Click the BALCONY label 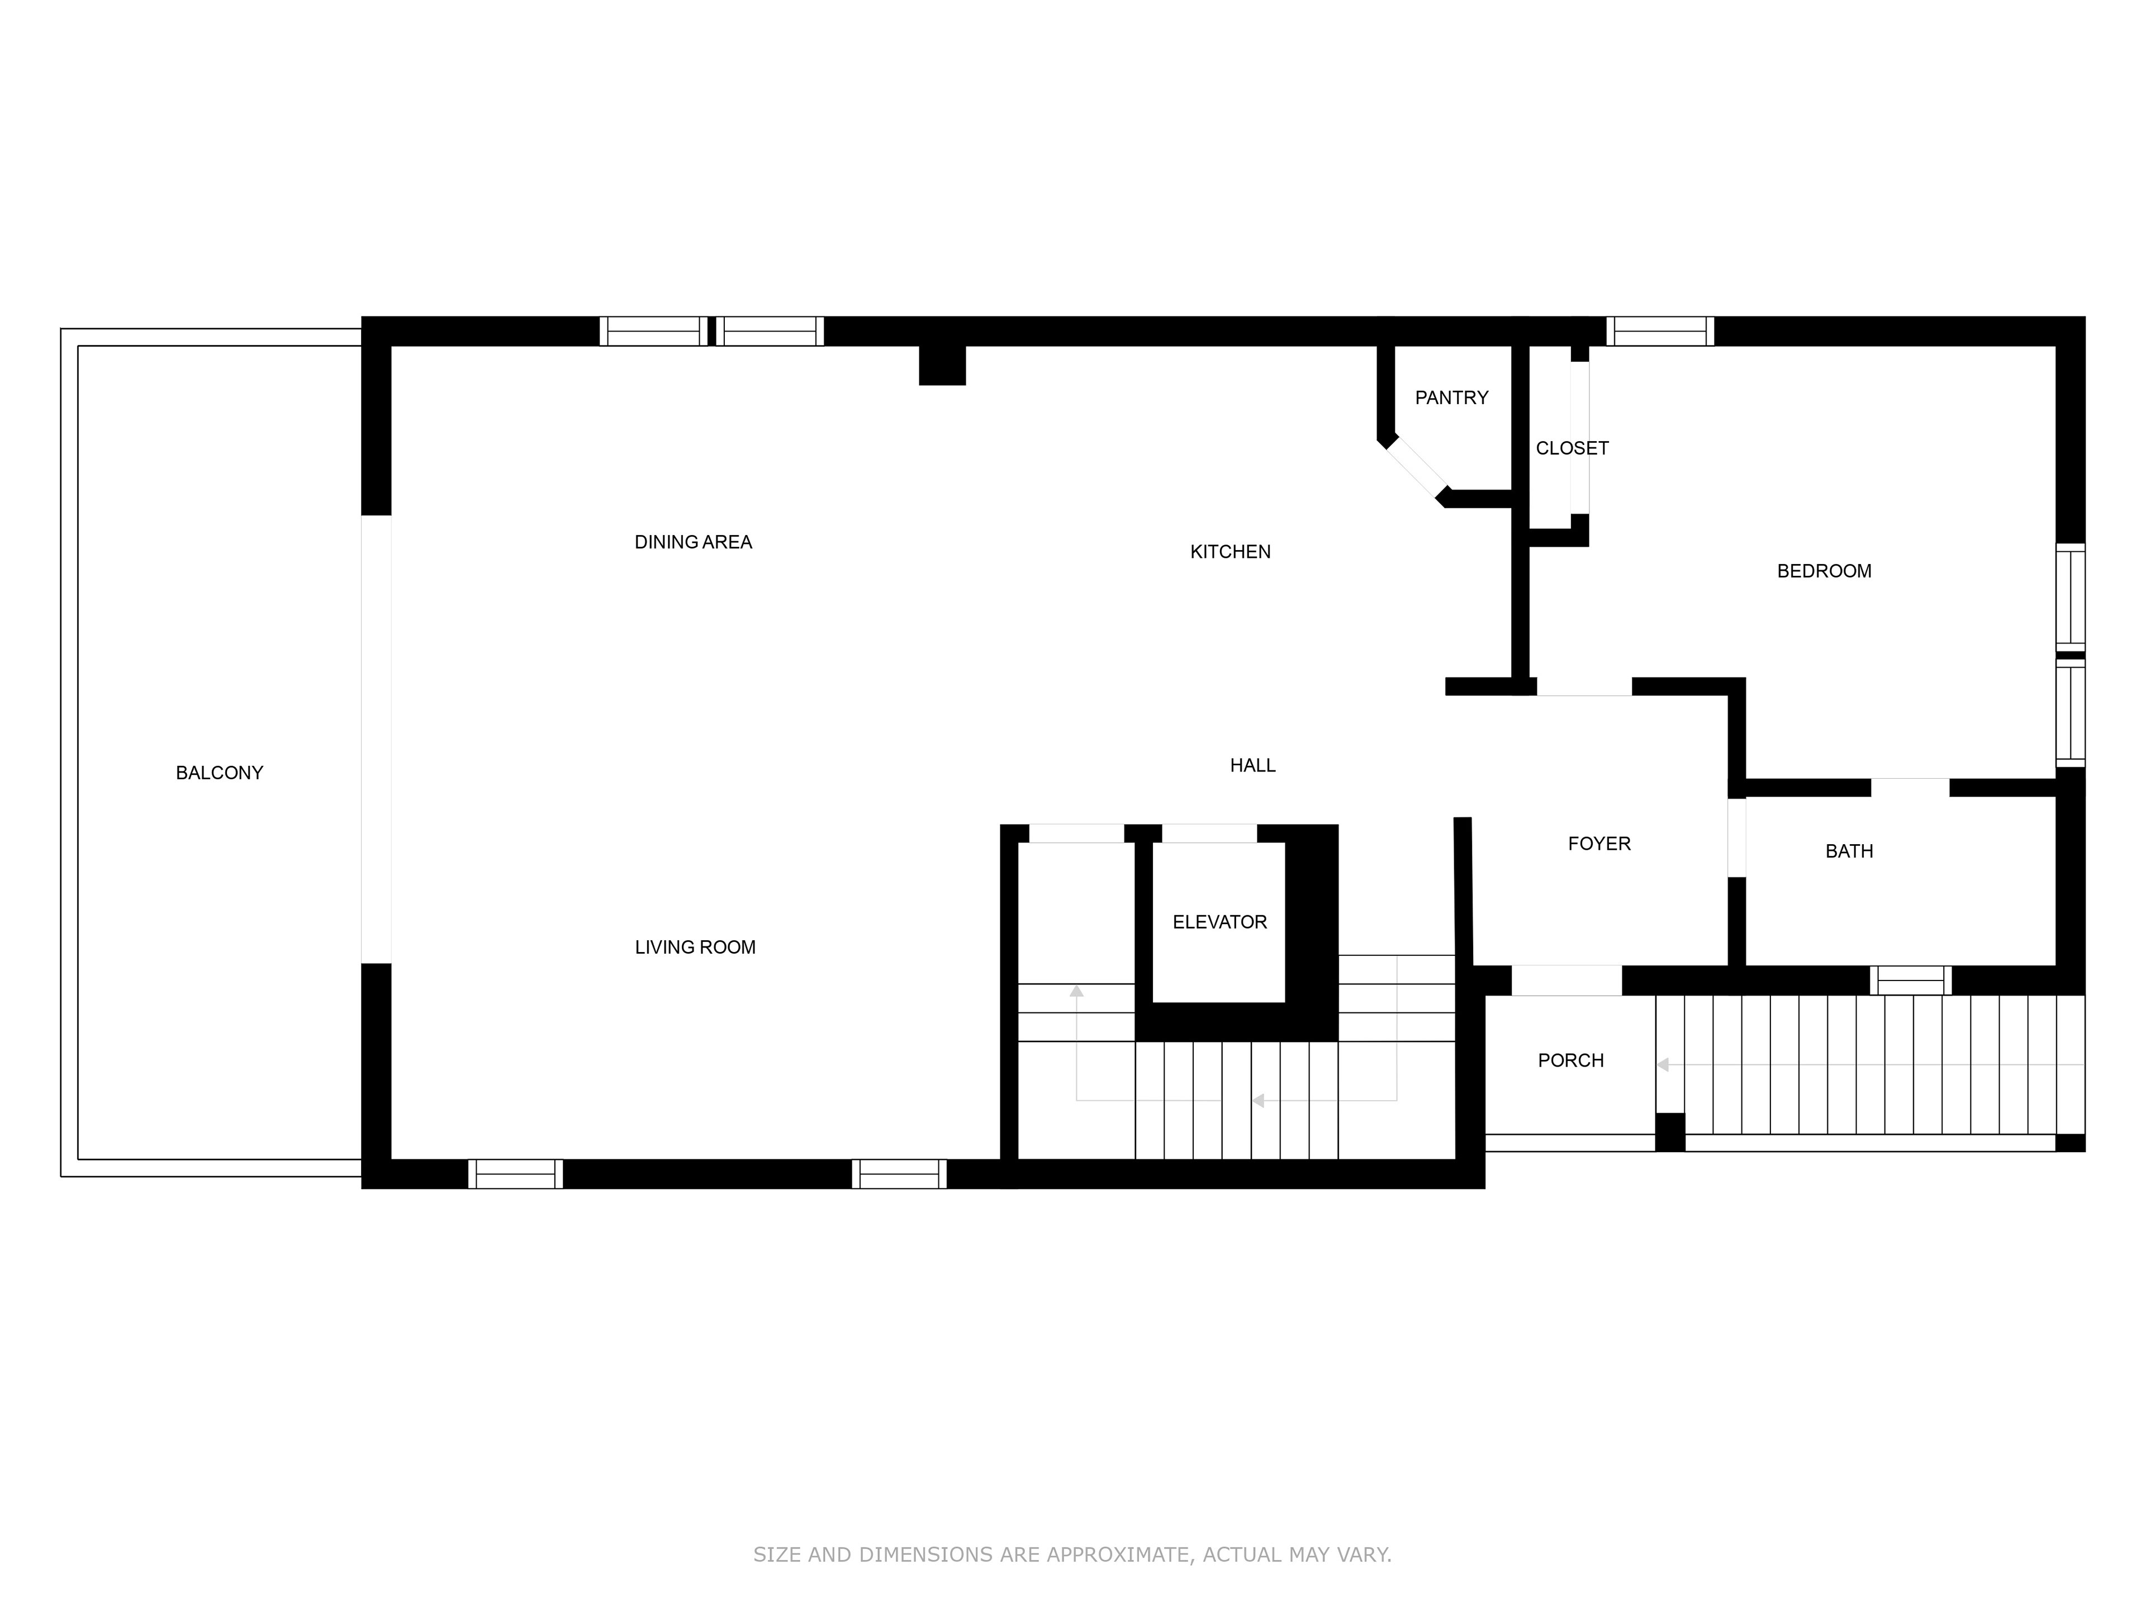click(219, 774)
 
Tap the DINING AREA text click(694, 542)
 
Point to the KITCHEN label click(1230, 552)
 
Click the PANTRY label click(1451, 398)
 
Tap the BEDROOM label click(1824, 571)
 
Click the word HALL click(1252, 766)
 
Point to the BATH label click(1849, 851)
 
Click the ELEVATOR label click(1219, 922)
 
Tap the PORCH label click(1571, 1060)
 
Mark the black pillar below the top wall click(942, 365)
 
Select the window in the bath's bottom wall click(1910, 980)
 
